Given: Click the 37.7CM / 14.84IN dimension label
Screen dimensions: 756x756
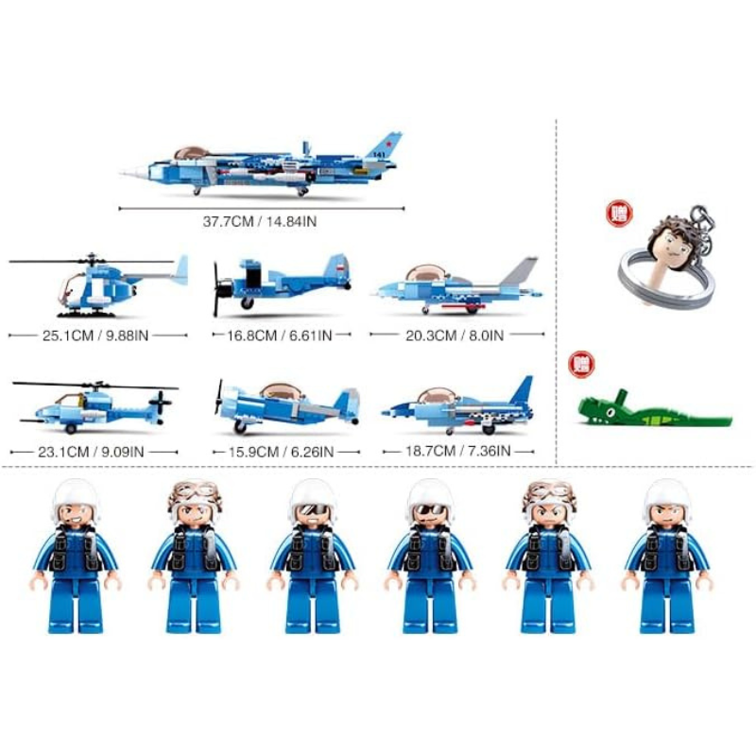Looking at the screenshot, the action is [x=259, y=222].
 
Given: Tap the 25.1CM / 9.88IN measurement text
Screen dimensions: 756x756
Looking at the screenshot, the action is [x=95, y=335].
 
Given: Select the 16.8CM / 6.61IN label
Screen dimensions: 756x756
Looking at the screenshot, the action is [x=280, y=335].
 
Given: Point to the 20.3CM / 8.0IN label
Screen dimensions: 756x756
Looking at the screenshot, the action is [x=455, y=335].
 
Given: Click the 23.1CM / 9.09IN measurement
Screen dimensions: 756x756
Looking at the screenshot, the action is [x=91, y=453].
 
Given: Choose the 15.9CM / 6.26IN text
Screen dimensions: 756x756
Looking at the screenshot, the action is [x=281, y=453].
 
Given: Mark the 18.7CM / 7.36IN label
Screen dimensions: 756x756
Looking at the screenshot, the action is [x=458, y=452].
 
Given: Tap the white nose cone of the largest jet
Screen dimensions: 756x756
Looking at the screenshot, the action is [x=133, y=171].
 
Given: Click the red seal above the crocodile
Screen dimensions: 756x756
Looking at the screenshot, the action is [x=581, y=365].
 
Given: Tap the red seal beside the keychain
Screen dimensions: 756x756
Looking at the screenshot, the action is [x=619, y=215].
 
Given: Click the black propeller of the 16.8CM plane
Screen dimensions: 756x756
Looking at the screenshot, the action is [x=218, y=289].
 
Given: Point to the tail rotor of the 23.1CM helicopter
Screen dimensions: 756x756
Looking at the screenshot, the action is [x=161, y=401].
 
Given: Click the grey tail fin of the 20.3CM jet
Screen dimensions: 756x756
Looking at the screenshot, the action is [x=520, y=271].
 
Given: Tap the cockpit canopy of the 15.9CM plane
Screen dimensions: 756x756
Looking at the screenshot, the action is [x=282, y=390].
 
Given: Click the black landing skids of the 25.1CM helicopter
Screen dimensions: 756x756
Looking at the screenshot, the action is [x=87, y=315].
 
